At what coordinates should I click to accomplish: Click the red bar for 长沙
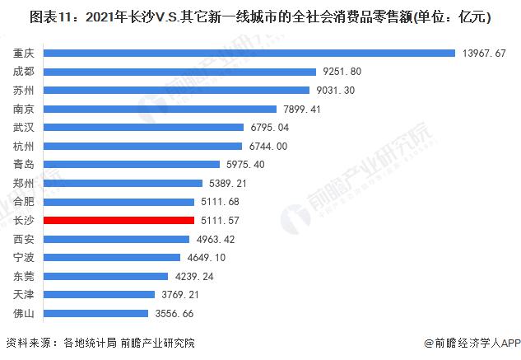pyautogui.click(x=119, y=220)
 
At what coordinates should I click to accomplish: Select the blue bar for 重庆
pyautogui.click(x=249, y=53)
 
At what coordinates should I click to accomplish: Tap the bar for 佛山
pyautogui.click(x=97, y=313)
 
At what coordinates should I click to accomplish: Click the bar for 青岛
pyautogui.click(x=132, y=165)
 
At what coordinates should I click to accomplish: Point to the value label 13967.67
pyautogui.click(x=487, y=53)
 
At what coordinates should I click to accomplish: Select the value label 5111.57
pyautogui.click(x=218, y=220)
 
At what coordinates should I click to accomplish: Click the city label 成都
pyautogui.click(x=23, y=72)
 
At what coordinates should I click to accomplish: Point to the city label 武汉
pyautogui.click(x=23, y=128)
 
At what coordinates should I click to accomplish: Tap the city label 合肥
pyautogui.click(x=23, y=202)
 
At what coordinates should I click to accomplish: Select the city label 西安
pyautogui.click(x=23, y=239)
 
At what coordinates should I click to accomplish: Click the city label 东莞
pyautogui.click(x=23, y=276)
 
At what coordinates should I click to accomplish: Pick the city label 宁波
pyautogui.click(x=23, y=258)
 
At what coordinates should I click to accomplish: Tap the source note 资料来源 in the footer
pyautogui.click(x=30, y=343)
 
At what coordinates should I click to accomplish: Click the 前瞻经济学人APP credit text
pyautogui.click(x=471, y=343)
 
